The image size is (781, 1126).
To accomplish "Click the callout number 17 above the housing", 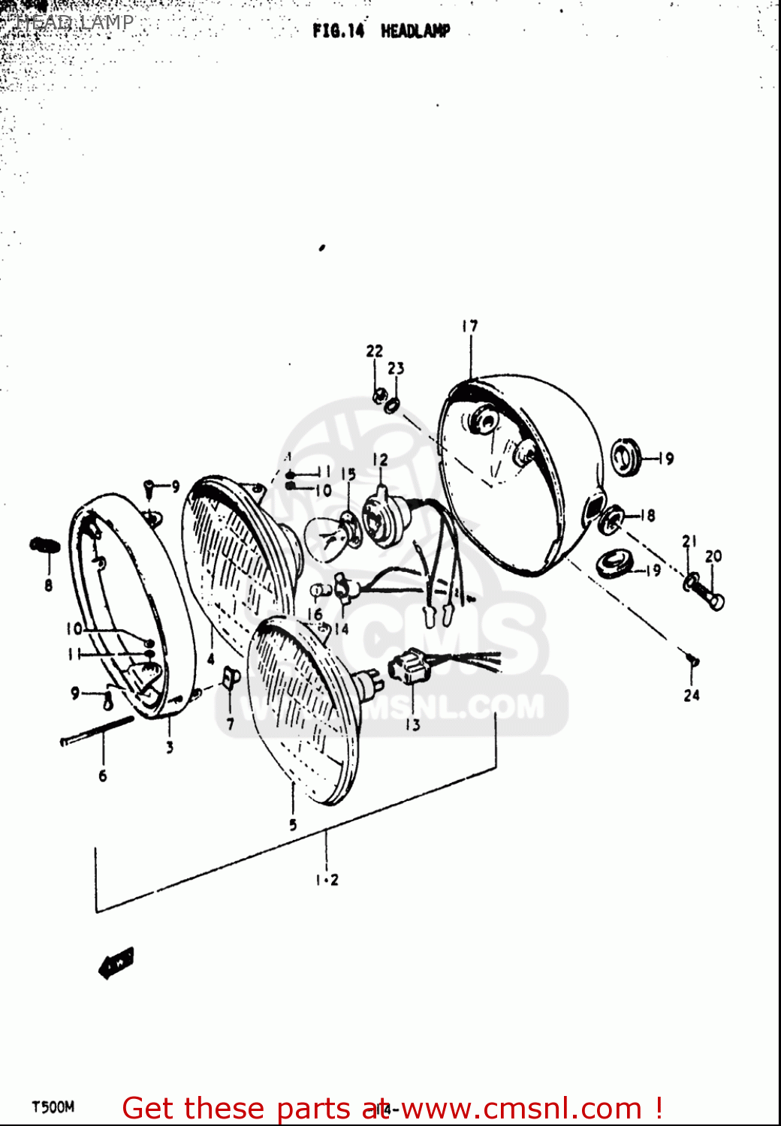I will point(469,326).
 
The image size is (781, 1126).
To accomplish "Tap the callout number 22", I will point(374,351).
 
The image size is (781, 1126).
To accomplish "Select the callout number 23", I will point(396,368).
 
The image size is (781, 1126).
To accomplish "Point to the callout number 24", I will point(692,695).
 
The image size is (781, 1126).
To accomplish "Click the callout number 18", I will point(647,515).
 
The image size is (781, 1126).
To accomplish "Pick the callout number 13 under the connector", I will point(412,724).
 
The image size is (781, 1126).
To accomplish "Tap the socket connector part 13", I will point(403,667).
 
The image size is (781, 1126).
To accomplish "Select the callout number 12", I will point(381,459).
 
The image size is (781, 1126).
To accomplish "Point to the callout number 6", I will point(103,775).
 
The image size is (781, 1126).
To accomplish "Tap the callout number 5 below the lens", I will point(293,824).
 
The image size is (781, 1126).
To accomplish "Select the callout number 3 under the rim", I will point(170,747).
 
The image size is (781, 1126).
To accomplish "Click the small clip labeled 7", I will point(230,680).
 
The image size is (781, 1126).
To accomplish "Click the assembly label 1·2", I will point(327,880).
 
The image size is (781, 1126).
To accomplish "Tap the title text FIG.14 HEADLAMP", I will point(381,31).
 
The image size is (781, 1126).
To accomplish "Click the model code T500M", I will point(53,1107).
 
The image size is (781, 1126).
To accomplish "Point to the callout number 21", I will point(689,540).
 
